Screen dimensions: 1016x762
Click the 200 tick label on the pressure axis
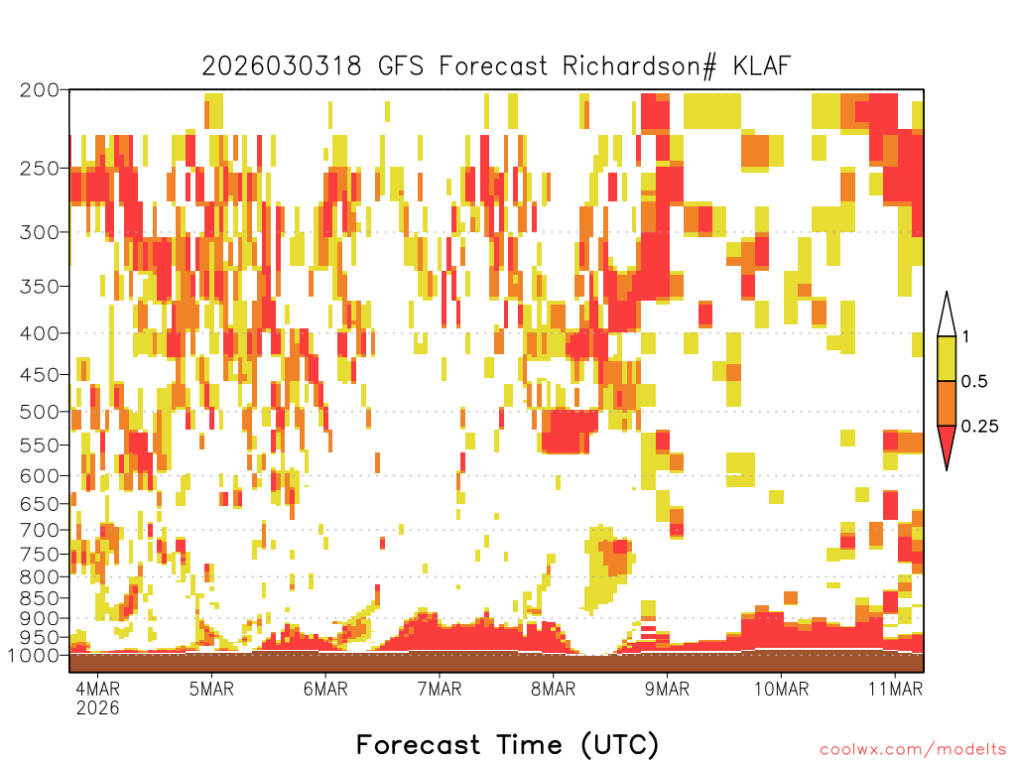tap(40, 90)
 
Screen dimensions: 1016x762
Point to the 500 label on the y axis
tap(40, 412)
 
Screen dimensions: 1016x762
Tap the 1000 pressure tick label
tap(34, 656)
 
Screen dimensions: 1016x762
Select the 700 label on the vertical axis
tap(40, 531)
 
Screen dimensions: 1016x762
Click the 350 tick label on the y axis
tap(40, 287)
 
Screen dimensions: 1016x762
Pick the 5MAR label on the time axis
tap(211, 689)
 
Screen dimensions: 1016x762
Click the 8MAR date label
tap(553, 689)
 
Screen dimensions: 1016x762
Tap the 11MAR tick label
tap(896, 689)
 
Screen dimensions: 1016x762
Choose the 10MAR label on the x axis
tap(782, 689)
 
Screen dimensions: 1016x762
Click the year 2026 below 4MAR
tap(98, 707)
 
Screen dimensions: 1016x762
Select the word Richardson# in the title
tap(640, 66)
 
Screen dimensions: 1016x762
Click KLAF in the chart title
tap(762, 65)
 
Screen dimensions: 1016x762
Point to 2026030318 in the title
tap(282, 66)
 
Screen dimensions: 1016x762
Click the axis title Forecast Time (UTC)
tap(507, 745)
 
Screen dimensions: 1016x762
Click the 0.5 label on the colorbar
tap(974, 382)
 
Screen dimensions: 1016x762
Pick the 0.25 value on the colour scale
tap(979, 427)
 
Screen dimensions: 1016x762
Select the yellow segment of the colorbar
tap(947, 358)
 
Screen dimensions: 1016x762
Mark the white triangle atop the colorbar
tap(947, 317)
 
